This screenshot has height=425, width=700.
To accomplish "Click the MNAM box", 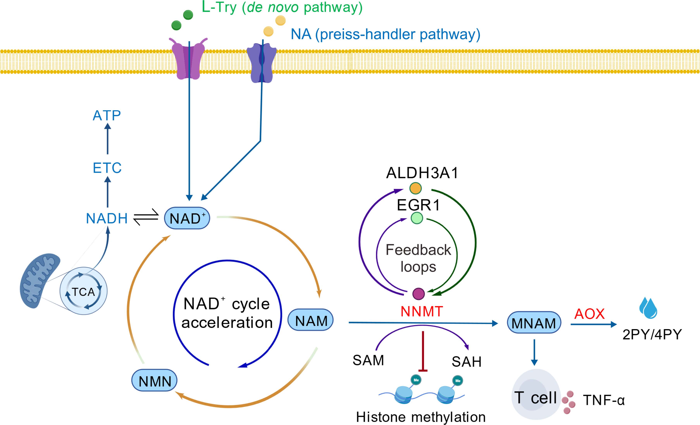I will tap(534, 323).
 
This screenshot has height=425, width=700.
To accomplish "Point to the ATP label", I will tap(107, 116).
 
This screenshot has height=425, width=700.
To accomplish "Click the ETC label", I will tap(107, 168).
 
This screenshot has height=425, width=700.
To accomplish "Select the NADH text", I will tap(107, 218).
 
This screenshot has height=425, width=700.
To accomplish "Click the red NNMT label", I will tap(422, 311).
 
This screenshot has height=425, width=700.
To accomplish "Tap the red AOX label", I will tap(589, 314).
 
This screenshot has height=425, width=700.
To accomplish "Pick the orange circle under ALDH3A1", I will tap(415, 188).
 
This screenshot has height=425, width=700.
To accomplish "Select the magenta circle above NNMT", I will tap(418, 294).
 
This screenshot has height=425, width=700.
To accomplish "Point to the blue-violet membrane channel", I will tap(261, 63).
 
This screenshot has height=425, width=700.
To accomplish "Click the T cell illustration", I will tap(536, 395).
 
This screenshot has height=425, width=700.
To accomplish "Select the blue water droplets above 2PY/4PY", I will tap(648, 308).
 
